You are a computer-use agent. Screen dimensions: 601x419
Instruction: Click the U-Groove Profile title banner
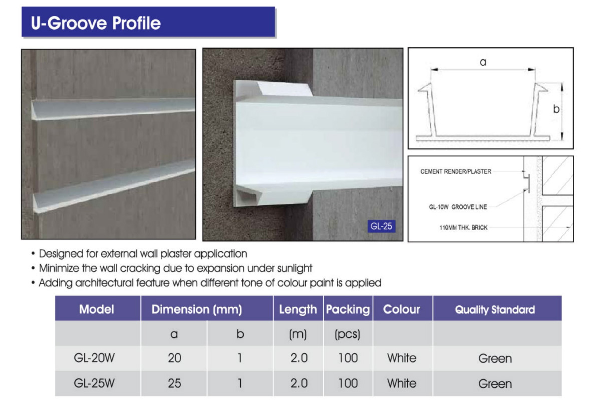coord(148,22)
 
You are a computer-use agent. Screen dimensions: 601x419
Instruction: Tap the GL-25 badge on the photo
coord(381,226)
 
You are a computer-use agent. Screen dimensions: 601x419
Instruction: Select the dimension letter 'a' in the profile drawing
coord(483,62)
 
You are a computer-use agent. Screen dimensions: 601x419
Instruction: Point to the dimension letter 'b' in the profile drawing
coord(556,109)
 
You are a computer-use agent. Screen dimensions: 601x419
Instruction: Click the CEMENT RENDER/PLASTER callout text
coord(456,171)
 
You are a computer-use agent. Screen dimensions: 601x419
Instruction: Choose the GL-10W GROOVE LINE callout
coord(458,207)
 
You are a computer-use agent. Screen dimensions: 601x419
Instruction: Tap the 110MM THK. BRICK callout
coord(463,227)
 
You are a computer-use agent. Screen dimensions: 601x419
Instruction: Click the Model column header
coord(97,309)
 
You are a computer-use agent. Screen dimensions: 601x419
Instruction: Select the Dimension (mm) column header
coord(197,309)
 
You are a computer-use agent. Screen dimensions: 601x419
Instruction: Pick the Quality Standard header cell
coord(495,310)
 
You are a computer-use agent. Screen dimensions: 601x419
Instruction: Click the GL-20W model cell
coord(94,358)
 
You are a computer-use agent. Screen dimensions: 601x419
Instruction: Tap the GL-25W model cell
coord(94,383)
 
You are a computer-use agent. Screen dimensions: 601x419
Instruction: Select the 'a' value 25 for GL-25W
coord(174,383)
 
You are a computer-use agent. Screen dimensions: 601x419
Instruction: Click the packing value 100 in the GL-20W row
coord(348,358)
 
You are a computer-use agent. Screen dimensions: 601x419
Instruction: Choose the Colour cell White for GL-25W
coord(402,383)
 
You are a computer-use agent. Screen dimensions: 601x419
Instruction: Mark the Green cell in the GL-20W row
coord(495,358)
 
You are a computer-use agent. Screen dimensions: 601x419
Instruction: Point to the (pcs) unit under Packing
coord(347,334)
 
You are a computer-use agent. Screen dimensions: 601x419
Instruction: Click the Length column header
coord(298,310)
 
